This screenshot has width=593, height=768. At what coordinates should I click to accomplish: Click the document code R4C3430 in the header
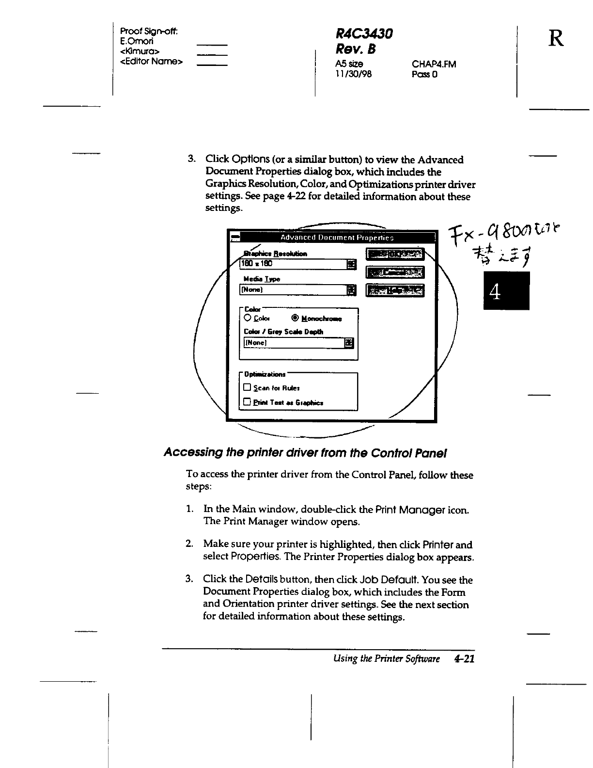click(x=364, y=33)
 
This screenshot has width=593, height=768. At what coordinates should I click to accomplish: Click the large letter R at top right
click(x=556, y=37)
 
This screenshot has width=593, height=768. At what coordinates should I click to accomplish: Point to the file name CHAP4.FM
click(x=434, y=64)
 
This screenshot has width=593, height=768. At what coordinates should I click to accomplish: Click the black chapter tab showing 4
click(x=506, y=291)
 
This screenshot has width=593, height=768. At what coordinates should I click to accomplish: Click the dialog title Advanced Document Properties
click(x=337, y=238)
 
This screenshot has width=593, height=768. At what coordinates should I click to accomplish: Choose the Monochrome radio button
click(x=295, y=319)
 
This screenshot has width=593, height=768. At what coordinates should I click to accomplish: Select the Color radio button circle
click(x=248, y=318)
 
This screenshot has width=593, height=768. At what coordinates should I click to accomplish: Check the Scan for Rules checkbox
click(x=247, y=388)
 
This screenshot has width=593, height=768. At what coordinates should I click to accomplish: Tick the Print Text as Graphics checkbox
click(x=247, y=402)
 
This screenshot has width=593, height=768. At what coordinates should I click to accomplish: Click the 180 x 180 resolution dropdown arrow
click(x=352, y=264)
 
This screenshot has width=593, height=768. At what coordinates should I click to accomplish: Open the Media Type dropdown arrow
click(x=352, y=290)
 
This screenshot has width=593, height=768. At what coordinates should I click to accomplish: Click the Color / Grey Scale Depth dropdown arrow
click(x=349, y=343)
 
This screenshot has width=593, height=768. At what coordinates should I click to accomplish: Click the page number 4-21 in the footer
click(x=464, y=658)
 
